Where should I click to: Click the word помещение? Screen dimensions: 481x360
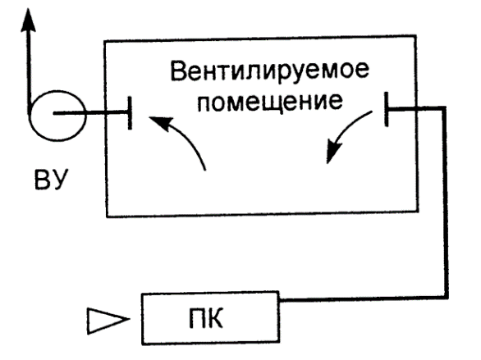click(270, 102)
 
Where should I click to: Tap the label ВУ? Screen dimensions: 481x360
click(51, 180)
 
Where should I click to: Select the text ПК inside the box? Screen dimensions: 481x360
click(206, 318)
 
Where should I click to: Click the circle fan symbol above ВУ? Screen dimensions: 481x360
click(57, 91)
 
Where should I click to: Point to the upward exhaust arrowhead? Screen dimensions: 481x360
click(28, 20)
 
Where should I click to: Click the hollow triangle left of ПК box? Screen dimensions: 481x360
click(108, 321)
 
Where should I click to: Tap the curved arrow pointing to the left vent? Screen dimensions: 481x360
click(184, 134)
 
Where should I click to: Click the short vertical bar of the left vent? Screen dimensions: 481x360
click(130, 112)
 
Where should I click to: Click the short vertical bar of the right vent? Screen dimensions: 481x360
click(387, 109)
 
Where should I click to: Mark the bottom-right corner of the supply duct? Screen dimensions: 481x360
click(446, 297)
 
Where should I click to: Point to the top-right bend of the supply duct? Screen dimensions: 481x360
click(444, 108)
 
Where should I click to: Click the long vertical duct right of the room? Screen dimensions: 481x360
click(445, 203)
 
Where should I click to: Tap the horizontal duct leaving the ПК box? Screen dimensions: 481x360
click(363, 298)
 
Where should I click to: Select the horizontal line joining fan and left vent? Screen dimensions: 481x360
click(91, 113)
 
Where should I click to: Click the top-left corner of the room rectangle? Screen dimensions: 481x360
click(104, 41)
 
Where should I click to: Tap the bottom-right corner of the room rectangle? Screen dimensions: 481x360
click(418, 211)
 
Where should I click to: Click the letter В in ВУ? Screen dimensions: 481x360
click(42, 180)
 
